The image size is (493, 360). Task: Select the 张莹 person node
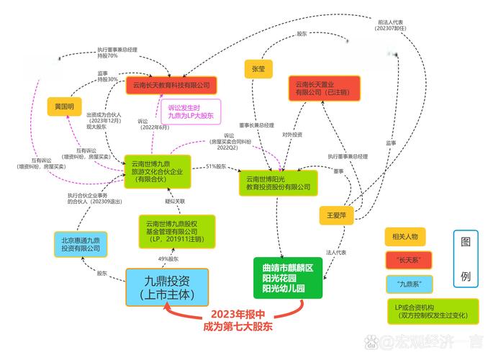[258, 68]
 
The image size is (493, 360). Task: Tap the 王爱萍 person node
[336, 215]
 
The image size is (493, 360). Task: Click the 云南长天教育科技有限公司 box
[171, 84]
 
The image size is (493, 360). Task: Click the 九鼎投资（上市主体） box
[167, 287]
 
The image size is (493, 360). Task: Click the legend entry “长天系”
[410, 258]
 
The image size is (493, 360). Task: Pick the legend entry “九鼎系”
[410, 282]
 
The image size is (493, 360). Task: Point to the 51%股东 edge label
[216, 167]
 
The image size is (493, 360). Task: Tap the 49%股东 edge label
[168, 259]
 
